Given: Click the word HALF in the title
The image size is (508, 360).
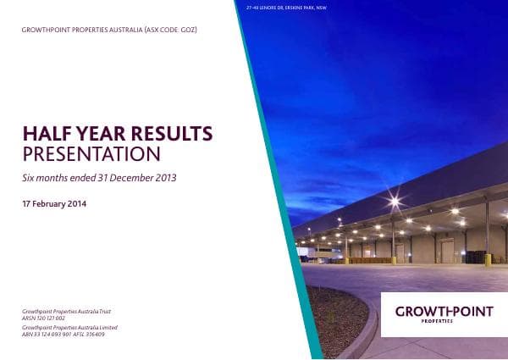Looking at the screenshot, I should (43, 134).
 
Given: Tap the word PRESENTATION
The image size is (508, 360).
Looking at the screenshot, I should (91, 155).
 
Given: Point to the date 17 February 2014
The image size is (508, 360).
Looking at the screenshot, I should (54, 204).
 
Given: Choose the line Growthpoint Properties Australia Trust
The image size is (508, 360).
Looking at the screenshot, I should (67, 313).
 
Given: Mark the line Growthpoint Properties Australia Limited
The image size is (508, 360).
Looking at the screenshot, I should (69, 328).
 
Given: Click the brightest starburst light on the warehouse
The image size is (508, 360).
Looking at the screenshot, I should (394, 202).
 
